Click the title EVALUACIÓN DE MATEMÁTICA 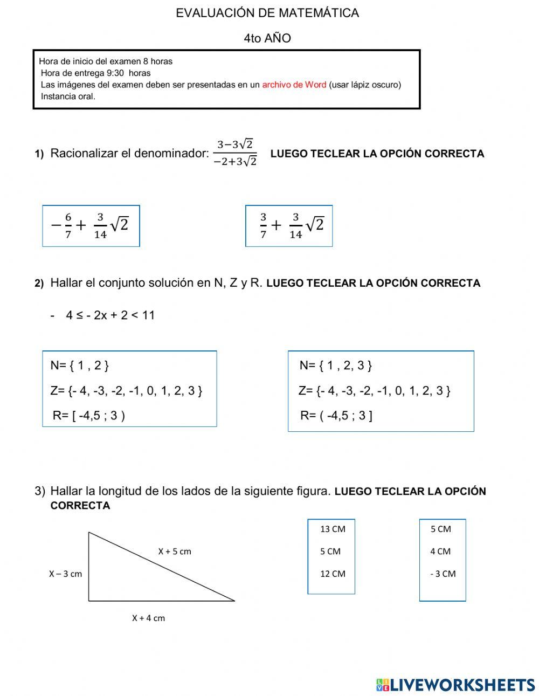(267, 13)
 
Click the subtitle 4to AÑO (267, 38)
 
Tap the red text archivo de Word (294, 85)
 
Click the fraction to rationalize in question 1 (235, 153)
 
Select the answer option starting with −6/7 (91, 226)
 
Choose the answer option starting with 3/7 (289, 226)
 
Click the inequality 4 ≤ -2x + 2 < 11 (110, 315)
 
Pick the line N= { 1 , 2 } (80, 366)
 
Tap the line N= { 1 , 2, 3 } (336, 366)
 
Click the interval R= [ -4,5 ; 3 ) (89, 416)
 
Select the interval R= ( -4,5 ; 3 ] (336, 416)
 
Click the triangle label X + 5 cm (175, 552)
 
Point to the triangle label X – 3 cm (66, 574)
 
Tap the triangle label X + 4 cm (149, 618)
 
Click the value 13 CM (333, 529)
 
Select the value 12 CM (333, 574)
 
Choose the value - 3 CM (443, 574)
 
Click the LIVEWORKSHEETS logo (455, 685)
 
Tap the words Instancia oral (68, 97)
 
